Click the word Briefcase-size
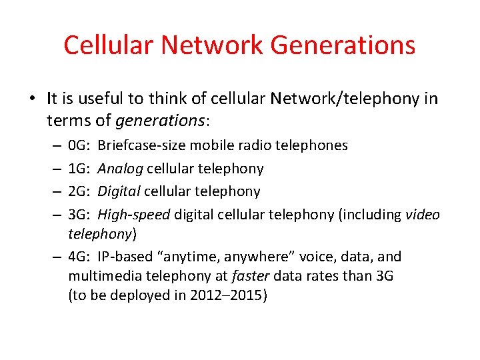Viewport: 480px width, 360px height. pos(143,145)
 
